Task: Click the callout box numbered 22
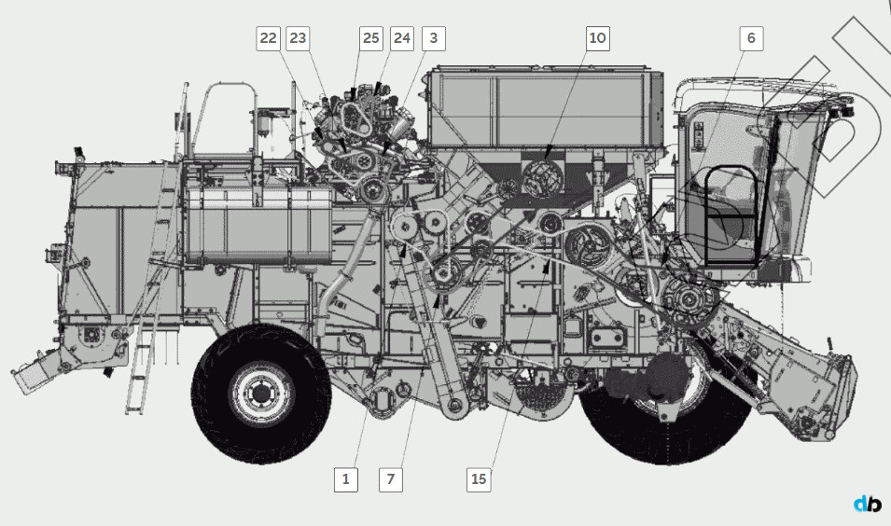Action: (268, 38)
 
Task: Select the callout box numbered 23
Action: (298, 38)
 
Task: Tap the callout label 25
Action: (371, 38)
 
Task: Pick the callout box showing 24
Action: (402, 38)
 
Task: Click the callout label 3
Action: (434, 38)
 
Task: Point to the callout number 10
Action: (598, 38)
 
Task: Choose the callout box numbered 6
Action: (751, 38)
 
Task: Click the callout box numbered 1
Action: (345, 479)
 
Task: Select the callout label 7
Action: (390, 479)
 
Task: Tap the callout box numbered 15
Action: (479, 479)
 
